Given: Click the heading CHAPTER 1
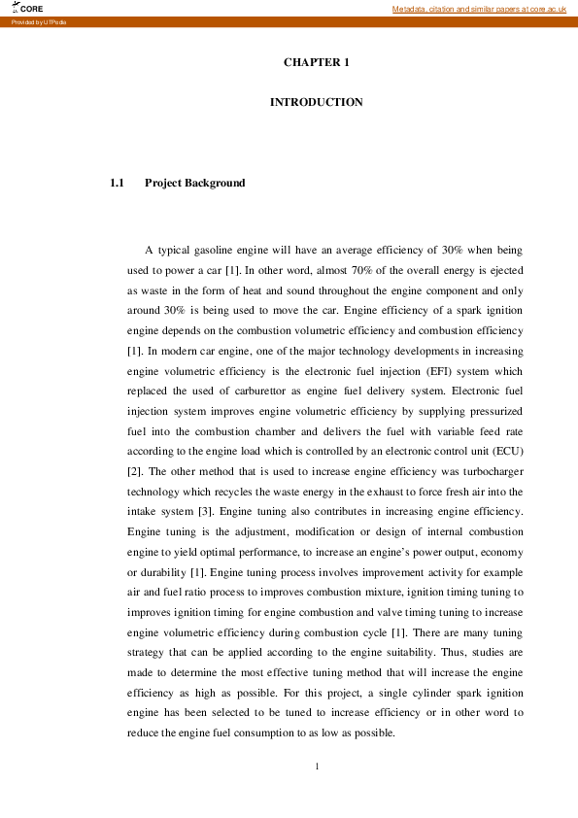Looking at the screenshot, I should point(316,62).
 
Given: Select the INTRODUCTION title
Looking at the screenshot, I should point(316,102).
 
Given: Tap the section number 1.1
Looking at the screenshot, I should point(119,183).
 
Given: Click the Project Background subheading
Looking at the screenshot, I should point(194,183).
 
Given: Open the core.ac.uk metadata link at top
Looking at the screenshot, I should point(479,8).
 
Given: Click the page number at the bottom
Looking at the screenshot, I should point(317,767).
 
